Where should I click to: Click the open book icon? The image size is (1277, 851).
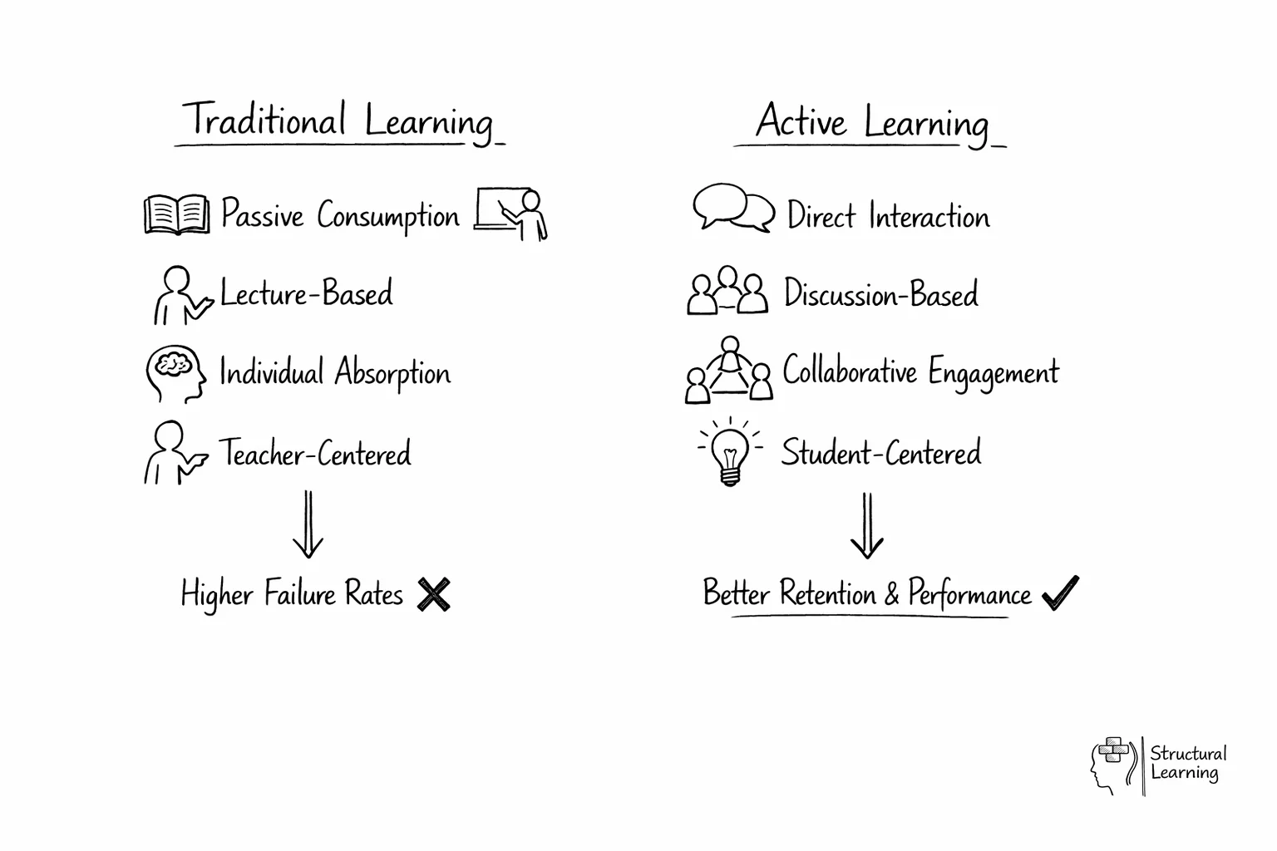[x=176, y=214]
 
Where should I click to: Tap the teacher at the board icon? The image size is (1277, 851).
[x=511, y=214]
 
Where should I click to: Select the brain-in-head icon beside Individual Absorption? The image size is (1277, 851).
[x=175, y=374]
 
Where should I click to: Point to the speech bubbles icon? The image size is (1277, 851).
[x=732, y=208]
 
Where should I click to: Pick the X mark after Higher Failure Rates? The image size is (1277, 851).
[x=434, y=595]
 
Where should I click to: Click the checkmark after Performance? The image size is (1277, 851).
[x=1060, y=593]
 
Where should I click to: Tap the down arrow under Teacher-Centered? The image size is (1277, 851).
[x=308, y=524]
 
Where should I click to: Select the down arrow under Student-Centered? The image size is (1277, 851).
[x=866, y=526]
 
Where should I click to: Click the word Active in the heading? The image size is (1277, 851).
[x=801, y=122]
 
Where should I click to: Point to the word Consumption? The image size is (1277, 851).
[x=387, y=216]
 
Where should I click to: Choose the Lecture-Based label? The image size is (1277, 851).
[x=306, y=294]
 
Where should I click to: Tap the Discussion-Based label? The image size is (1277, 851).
[x=881, y=294]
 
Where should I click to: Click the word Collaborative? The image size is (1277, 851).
[x=850, y=371]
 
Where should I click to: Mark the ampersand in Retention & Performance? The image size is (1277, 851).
[x=891, y=594]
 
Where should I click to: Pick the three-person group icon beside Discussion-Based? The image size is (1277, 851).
[x=727, y=292]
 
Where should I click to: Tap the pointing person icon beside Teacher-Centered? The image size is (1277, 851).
[x=174, y=453]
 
